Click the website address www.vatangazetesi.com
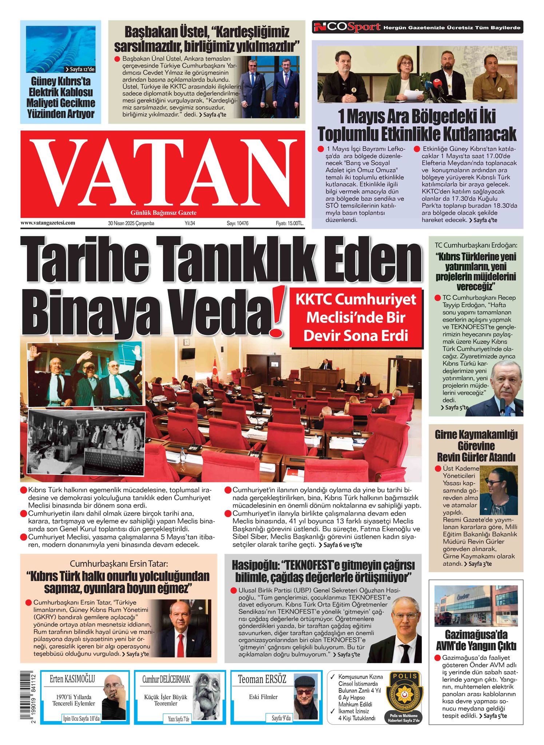(x=48, y=223)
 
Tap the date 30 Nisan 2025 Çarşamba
(x=131, y=223)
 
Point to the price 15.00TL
(x=289, y=223)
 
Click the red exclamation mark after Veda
(x=278, y=311)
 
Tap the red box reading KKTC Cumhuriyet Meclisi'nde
(x=356, y=318)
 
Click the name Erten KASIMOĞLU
(x=72, y=679)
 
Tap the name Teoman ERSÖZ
(x=262, y=679)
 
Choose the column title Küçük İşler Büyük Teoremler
(x=166, y=700)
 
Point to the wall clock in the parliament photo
(x=187, y=342)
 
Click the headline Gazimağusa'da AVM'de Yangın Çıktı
(x=476, y=640)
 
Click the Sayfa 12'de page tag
(x=80, y=69)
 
